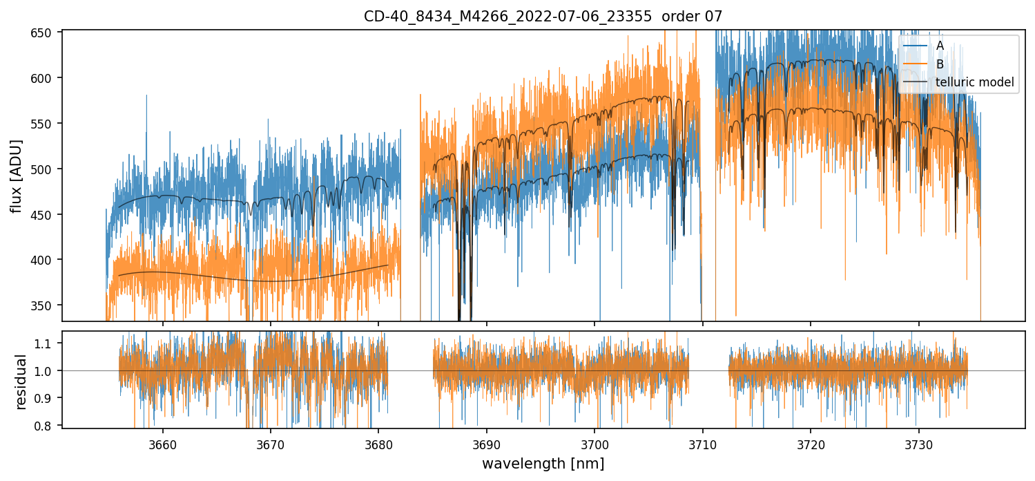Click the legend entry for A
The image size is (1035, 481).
tap(940, 46)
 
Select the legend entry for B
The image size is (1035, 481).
tap(940, 64)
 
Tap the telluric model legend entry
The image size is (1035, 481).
tap(974, 83)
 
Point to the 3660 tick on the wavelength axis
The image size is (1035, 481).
tap(163, 443)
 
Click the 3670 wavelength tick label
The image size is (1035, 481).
tap(271, 443)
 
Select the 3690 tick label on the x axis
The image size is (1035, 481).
tap(487, 443)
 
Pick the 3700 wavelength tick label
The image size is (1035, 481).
tap(594, 443)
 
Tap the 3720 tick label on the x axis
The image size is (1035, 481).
tap(811, 443)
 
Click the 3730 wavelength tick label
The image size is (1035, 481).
tap(918, 443)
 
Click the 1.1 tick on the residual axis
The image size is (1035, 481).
tap(51, 343)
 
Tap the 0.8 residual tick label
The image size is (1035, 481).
tap(51, 425)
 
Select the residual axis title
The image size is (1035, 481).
tap(21, 381)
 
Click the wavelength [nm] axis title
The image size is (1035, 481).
tap(543, 464)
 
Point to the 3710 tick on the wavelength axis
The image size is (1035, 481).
tap(703, 443)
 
